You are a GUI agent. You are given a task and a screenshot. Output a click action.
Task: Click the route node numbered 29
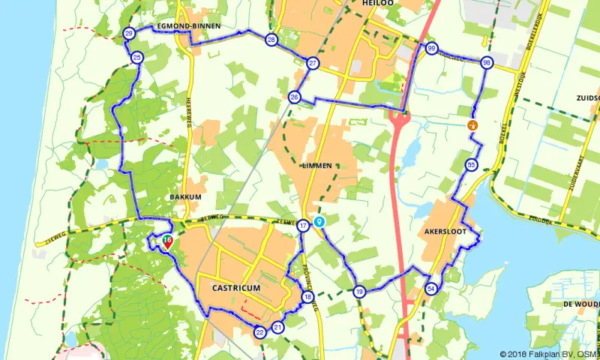tap(129, 34)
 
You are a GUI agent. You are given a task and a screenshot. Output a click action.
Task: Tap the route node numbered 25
tap(136, 58)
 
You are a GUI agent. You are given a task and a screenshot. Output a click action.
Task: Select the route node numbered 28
tap(271, 40)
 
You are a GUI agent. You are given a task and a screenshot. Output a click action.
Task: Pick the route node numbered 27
tap(313, 63)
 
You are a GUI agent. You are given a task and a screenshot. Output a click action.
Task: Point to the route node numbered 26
tap(295, 97)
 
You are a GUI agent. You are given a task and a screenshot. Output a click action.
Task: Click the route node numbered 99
tap(431, 49)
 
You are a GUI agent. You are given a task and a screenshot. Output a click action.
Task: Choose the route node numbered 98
tap(487, 63)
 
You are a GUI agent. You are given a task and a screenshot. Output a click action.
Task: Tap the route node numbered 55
tap(470, 165)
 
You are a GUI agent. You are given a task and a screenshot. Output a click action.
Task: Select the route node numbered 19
tap(360, 292)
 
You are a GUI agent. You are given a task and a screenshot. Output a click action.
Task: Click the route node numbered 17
tap(303, 226)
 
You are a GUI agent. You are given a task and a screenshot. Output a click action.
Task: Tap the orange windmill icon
tap(472, 125)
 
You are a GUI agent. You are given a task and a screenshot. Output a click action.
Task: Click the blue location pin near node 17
tap(319, 222)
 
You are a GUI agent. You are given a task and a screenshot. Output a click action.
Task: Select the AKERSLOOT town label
tap(445, 232)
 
